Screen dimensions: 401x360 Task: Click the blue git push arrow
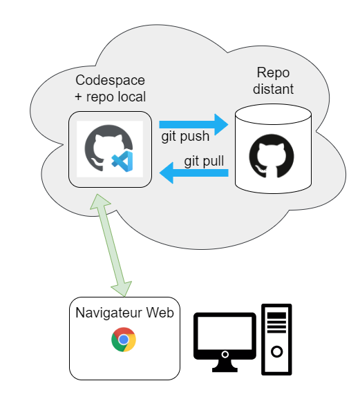point(194,125)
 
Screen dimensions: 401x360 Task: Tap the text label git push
point(185,137)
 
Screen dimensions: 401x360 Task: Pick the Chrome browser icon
point(124,340)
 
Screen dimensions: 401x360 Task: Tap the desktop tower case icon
point(276,339)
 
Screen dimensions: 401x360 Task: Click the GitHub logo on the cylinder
point(271,157)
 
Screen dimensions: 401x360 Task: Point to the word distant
point(274,89)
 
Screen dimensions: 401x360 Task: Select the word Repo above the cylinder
point(272,73)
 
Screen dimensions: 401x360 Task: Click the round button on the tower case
point(276,352)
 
